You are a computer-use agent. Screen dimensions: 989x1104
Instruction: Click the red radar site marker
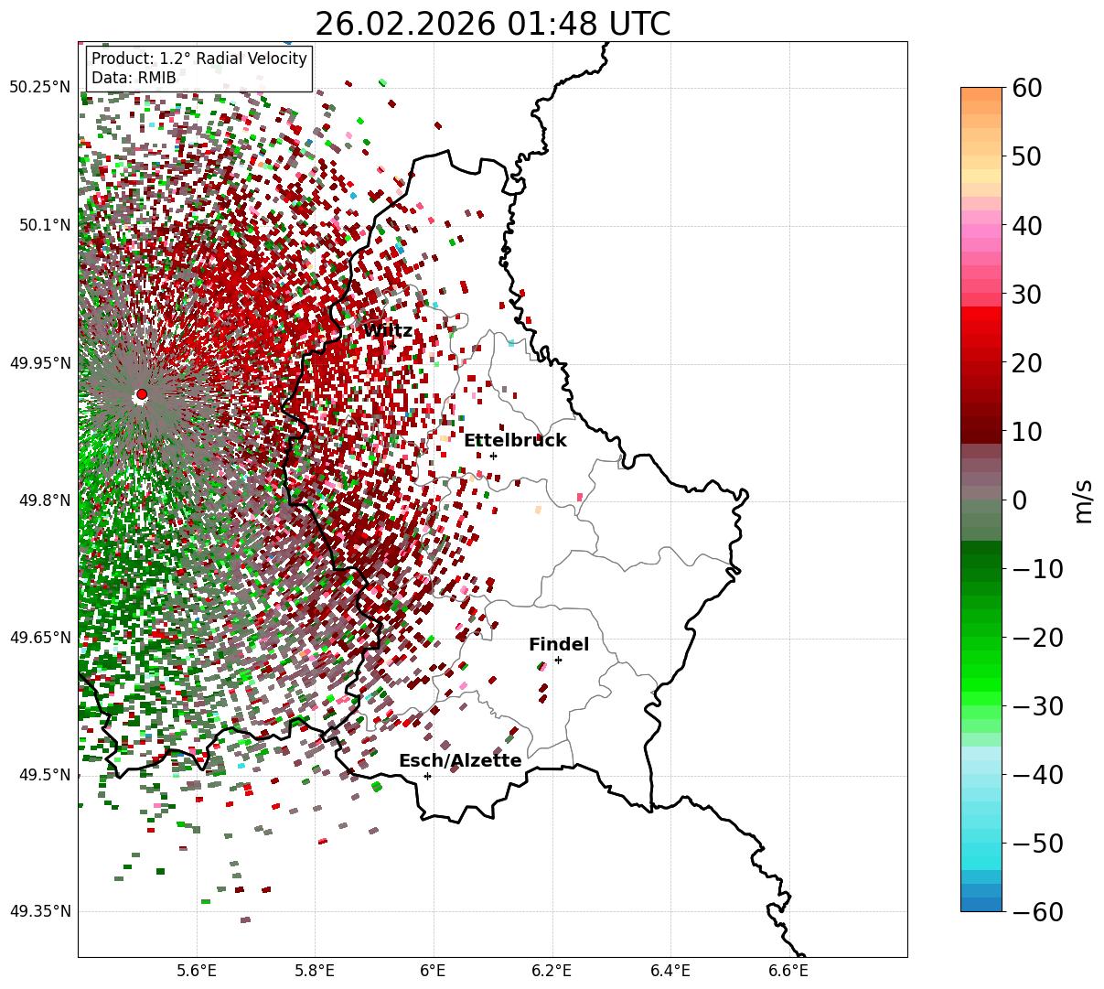point(142,394)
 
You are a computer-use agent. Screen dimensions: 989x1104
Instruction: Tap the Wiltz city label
point(388,330)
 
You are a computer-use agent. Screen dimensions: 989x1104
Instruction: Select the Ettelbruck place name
point(515,441)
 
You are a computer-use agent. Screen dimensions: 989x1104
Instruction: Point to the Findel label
point(559,645)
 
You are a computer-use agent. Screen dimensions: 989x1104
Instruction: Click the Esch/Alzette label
point(460,761)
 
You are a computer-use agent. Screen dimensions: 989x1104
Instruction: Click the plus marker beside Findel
point(558,660)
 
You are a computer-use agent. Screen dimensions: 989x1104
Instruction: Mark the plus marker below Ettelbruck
point(493,456)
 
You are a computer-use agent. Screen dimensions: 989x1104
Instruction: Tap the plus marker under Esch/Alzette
point(427,776)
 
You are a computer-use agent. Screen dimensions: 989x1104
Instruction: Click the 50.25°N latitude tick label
point(39,88)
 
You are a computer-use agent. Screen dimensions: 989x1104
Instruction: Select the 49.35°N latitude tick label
point(39,911)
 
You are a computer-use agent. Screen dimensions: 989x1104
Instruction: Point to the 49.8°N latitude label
point(44,500)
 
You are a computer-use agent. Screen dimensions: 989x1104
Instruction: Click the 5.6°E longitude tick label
point(197,971)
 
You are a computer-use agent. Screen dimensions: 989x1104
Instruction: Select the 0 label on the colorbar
point(1019,500)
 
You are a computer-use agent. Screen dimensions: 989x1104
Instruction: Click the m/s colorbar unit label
point(1083,500)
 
